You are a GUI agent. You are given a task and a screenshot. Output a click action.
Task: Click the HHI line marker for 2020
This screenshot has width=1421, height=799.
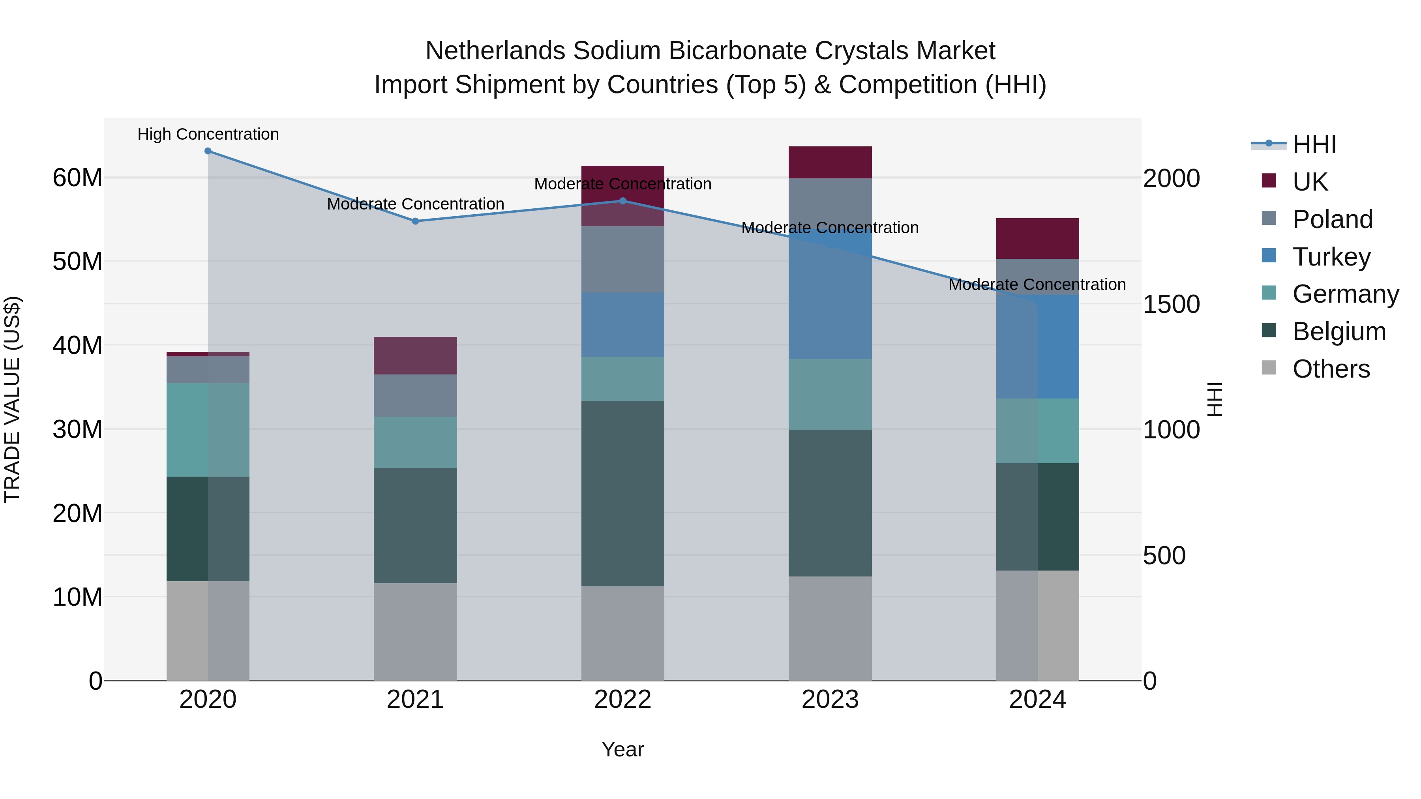(x=208, y=151)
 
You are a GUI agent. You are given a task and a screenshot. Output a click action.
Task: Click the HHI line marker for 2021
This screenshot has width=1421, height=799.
(x=415, y=221)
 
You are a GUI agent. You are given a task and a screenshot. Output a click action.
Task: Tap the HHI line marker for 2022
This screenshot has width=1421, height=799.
(x=623, y=201)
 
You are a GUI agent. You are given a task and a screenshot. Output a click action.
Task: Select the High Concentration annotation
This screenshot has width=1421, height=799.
(x=208, y=135)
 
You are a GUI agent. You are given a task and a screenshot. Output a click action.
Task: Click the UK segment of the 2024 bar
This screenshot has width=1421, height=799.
(x=1037, y=239)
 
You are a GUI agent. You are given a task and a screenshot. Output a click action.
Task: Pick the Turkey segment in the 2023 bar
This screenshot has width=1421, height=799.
(x=830, y=298)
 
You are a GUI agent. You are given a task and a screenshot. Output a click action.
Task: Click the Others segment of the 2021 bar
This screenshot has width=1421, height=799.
(x=415, y=631)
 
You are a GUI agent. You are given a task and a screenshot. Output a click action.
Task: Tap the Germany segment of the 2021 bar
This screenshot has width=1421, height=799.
(x=415, y=442)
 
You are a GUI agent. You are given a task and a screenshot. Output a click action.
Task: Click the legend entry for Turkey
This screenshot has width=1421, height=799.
(x=1331, y=257)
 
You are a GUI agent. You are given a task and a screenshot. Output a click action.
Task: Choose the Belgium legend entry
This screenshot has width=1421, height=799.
(x=1338, y=331)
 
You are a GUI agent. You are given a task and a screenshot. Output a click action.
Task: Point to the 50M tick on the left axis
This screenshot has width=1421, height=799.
(x=77, y=261)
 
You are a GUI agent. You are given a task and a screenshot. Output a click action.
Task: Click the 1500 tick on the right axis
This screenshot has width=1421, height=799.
(x=1171, y=304)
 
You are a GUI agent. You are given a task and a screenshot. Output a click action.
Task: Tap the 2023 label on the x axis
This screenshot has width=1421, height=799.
(x=830, y=700)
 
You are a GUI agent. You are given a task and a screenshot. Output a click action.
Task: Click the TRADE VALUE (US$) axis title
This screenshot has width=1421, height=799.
(x=12, y=399)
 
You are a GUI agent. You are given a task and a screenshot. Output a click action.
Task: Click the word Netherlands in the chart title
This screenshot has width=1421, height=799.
(x=495, y=51)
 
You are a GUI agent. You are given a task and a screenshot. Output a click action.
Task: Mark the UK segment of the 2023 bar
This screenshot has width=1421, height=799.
(x=830, y=162)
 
